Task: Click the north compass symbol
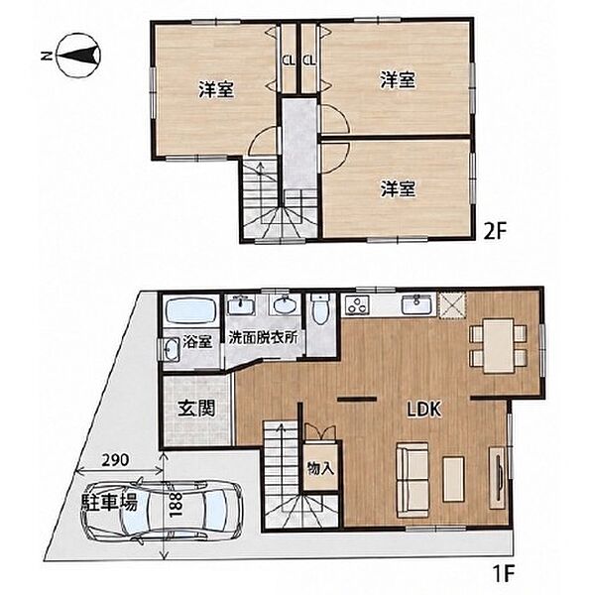[x=78, y=56]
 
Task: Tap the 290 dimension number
[x=115, y=460]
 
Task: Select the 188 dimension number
[x=175, y=505]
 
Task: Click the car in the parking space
[x=162, y=509]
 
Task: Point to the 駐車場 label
[x=109, y=502]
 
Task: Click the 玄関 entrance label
[x=196, y=409]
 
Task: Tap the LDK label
[x=424, y=410]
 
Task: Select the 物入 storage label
[x=320, y=469]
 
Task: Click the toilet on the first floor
[x=321, y=309]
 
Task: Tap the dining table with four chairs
[x=499, y=345]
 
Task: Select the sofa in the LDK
[x=412, y=480]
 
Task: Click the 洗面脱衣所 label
[x=263, y=338]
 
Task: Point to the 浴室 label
[x=197, y=342]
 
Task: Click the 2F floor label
[x=495, y=231]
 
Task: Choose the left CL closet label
[x=289, y=59]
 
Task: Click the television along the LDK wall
[x=497, y=478]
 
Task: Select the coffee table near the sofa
[x=453, y=479]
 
